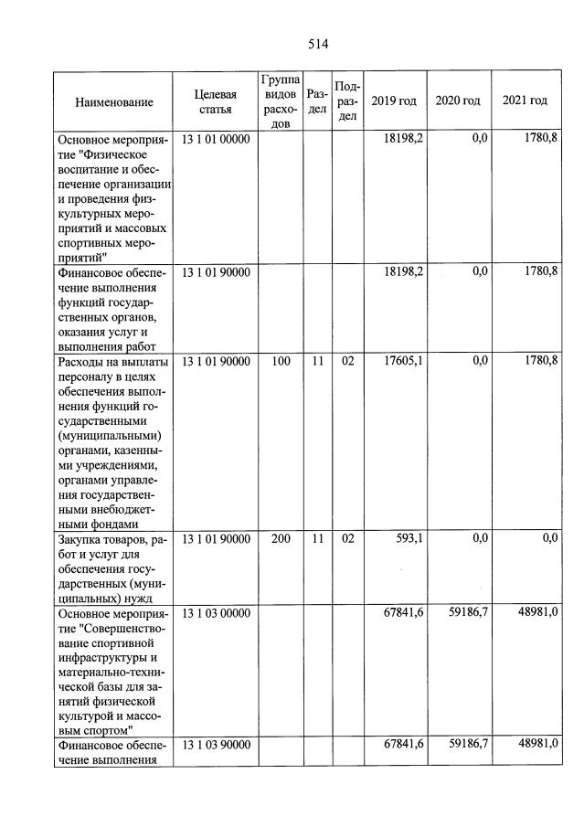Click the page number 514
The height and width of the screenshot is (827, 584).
[x=318, y=44]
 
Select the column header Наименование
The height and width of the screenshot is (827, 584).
[x=114, y=101]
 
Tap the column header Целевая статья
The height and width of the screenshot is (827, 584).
[x=216, y=101]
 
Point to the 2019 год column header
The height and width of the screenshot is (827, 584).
[x=394, y=101]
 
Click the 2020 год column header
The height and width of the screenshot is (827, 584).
[x=458, y=101]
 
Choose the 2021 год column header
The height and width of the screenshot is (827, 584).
[x=525, y=101]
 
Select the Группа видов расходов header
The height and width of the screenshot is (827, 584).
[x=281, y=101]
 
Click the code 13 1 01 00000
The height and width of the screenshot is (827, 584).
[x=216, y=139]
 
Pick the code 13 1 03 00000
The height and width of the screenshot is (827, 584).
[x=216, y=613]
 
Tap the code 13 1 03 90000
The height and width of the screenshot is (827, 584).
[x=216, y=745]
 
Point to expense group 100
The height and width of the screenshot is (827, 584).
[x=281, y=362]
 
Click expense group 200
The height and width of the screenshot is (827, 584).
[x=281, y=539]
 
